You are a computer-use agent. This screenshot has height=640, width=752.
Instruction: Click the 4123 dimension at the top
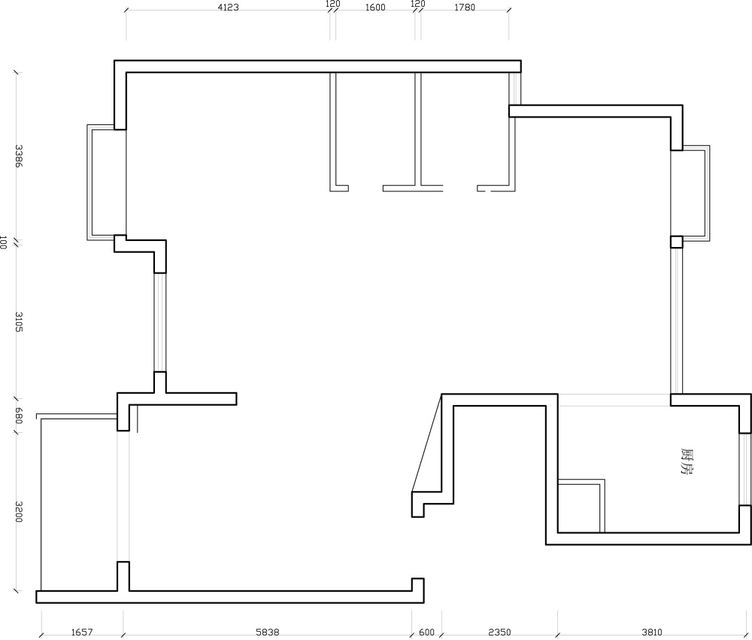tap(229, 8)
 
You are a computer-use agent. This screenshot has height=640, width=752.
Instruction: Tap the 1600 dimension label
tap(375, 8)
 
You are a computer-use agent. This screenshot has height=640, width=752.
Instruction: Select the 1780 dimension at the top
tap(465, 8)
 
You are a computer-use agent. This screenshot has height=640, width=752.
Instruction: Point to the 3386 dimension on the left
tap(18, 156)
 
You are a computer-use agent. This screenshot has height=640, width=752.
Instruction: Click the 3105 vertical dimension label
tap(18, 322)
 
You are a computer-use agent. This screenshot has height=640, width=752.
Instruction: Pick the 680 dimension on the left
tap(18, 416)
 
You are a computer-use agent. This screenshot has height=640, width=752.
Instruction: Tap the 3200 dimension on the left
tap(18, 512)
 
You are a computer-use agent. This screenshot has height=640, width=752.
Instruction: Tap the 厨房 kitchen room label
tap(687, 462)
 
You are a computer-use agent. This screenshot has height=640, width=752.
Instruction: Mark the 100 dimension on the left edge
tap(3, 242)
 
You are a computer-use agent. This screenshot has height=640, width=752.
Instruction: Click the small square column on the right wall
tap(676, 242)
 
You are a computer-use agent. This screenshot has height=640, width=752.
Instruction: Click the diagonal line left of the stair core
tap(426, 443)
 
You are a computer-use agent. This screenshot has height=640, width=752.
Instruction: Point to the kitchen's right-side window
tap(744, 469)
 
